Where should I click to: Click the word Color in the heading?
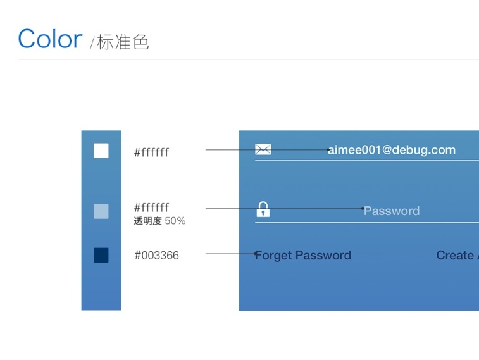click(50, 39)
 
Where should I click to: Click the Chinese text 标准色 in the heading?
click(123, 42)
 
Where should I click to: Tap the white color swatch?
click(101, 151)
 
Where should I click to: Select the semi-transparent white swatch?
click(101, 211)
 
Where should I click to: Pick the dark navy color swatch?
click(101, 255)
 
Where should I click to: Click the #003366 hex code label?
click(156, 256)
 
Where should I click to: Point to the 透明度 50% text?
click(159, 221)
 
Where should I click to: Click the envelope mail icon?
click(263, 149)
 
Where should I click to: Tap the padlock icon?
click(263, 209)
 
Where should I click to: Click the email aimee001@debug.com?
click(392, 150)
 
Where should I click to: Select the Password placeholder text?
click(392, 211)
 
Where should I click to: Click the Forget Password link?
click(304, 256)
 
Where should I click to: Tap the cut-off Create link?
click(456, 256)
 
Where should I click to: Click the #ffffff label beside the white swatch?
click(151, 152)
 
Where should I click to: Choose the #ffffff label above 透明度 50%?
click(151, 208)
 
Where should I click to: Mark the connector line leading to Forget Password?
click(228, 254)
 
